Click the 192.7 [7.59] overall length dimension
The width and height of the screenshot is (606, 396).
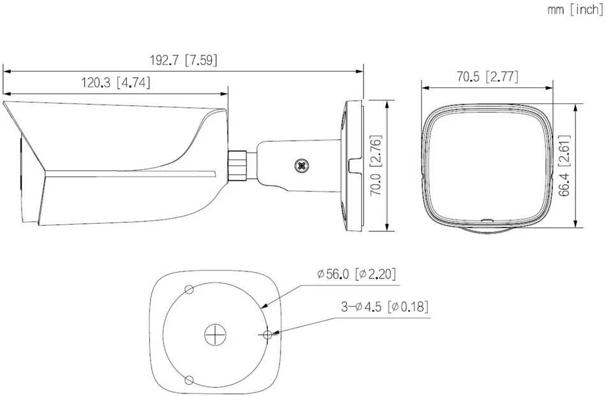click(183, 60)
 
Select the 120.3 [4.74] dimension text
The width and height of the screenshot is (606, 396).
click(115, 82)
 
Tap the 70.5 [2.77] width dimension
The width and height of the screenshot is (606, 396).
click(487, 77)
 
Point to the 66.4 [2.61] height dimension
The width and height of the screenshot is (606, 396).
click(565, 165)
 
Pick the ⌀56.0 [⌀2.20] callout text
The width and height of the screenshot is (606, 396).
click(357, 274)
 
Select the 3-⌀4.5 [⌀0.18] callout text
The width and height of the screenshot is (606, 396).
click(385, 307)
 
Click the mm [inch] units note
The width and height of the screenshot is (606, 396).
click(575, 10)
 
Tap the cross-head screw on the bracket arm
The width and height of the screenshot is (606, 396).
click(302, 165)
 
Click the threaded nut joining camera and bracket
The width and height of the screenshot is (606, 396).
click(238, 165)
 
